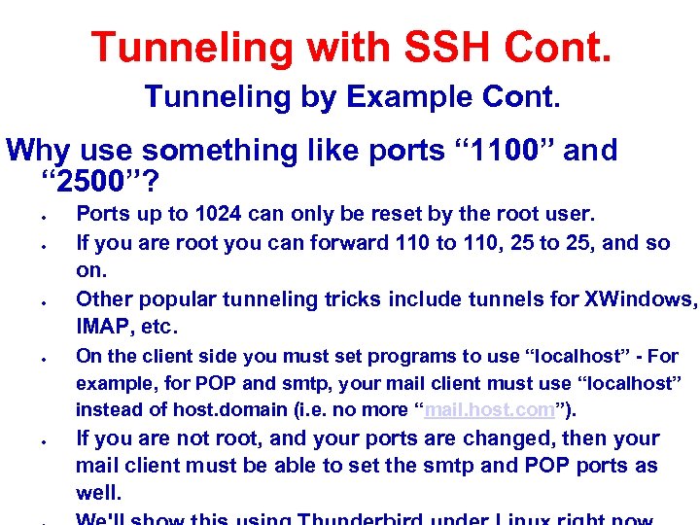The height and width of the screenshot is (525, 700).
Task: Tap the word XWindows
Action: pyautogui.click(x=636, y=298)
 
